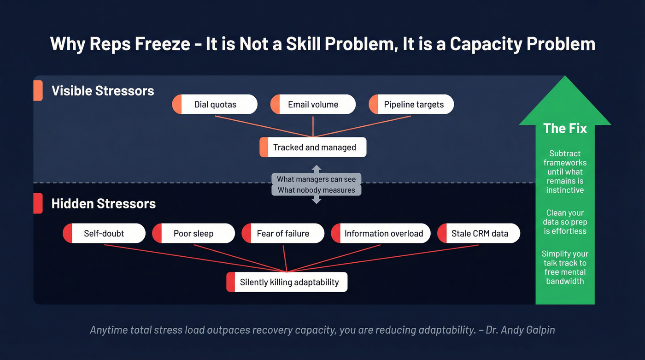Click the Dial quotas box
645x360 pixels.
pos(215,105)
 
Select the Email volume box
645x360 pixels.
pos(313,105)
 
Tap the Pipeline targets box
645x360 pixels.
pos(411,105)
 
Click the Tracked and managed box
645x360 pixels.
pos(313,148)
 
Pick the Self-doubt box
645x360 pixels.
pos(104,234)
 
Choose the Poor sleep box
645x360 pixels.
pos(193,234)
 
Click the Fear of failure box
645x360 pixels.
pos(283,234)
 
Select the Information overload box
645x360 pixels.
pos(381,234)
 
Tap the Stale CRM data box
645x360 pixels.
pos(479,234)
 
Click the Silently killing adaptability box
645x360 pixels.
pos(287,282)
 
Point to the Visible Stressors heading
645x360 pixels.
pos(103,91)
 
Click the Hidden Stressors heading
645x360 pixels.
pos(104,204)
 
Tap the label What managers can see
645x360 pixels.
pos(316,179)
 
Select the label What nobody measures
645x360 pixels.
pos(316,190)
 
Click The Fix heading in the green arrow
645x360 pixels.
pos(565,128)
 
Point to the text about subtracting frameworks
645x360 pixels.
pos(565,171)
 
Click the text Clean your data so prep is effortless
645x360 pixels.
pos(565,222)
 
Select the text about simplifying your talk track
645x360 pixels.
pos(565,267)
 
